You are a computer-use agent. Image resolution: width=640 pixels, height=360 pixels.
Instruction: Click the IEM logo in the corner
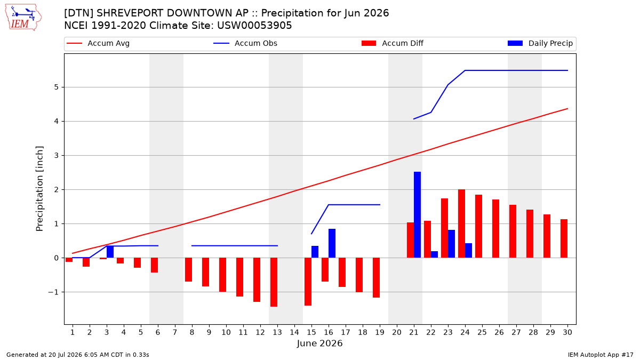coord(23,18)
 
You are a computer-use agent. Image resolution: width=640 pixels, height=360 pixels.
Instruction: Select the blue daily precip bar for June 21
coord(417,215)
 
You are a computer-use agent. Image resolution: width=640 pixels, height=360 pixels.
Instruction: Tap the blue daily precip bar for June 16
coord(332,243)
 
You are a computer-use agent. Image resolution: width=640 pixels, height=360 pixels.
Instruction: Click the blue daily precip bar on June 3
coord(110,252)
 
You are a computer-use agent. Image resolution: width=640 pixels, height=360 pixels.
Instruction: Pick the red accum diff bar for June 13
coord(274,282)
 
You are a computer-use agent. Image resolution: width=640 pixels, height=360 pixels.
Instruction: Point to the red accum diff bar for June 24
coord(461,223)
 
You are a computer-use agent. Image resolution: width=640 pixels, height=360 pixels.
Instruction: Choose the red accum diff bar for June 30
coord(564,238)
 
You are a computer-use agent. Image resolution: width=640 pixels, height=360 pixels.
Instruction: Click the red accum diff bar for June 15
coord(308,282)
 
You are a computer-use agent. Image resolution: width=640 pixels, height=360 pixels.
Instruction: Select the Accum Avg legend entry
coord(98,43)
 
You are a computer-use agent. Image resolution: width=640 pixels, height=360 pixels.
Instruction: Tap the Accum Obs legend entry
coord(245,43)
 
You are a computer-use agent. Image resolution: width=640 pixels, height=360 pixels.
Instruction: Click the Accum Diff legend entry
coord(393,43)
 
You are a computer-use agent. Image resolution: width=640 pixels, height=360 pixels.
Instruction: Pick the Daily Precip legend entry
coord(540,43)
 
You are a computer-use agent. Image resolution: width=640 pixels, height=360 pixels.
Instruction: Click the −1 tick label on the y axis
coord(53,292)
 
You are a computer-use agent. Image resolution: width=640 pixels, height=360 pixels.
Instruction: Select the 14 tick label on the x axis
coord(294,333)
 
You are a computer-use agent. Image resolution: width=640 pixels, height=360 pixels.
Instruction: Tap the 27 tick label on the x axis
coord(516,333)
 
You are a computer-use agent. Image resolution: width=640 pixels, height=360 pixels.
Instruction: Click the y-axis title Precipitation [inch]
coord(39,189)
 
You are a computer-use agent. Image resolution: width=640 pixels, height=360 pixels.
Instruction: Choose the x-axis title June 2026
coord(319,343)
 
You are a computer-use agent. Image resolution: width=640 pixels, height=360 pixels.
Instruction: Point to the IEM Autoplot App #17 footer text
coord(601,355)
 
